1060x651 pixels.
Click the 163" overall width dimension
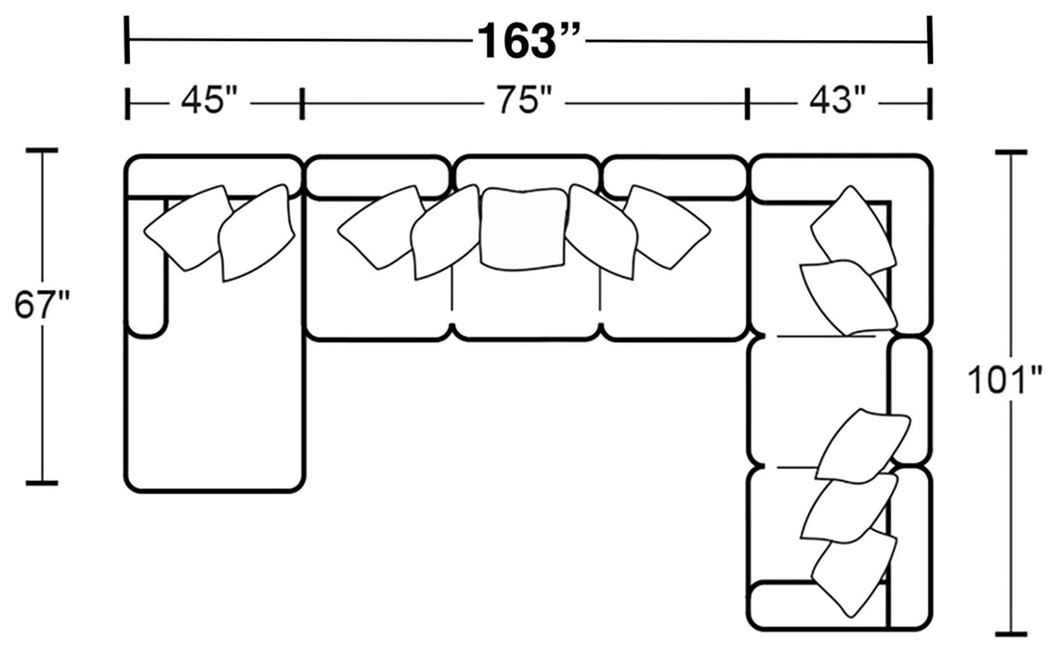tap(529, 41)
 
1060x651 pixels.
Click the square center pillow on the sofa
tap(524, 227)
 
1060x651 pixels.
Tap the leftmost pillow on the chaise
tap(186, 227)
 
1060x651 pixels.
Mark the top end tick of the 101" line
tap(1011, 151)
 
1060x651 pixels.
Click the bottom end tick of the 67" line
tap(42, 483)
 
